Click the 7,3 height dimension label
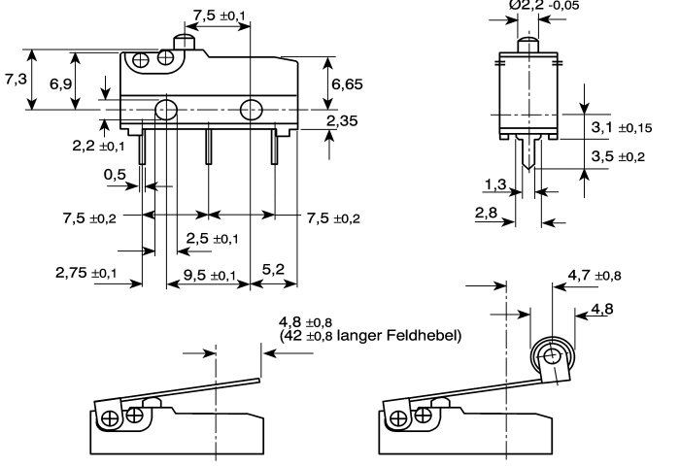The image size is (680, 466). click(x=17, y=79)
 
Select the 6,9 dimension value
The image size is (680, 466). click(x=60, y=83)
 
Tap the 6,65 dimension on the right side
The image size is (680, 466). click(x=347, y=83)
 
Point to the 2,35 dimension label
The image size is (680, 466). click(x=342, y=120)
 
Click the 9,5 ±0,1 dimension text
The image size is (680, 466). click(x=210, y=275)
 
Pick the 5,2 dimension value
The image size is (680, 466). click(x=273, y=269)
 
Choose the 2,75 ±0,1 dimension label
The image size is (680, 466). click(x=85, y=273)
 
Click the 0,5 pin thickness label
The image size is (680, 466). click(x=115, y=174)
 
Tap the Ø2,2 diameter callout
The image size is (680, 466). click(x=544, y=5)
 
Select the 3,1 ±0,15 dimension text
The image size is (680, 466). click(x=622, y=127)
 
